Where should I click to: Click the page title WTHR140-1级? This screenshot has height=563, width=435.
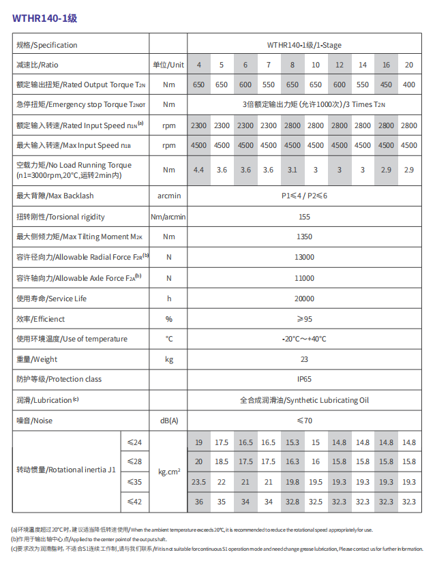click(45, 18)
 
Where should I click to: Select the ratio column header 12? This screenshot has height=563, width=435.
click(339, 65)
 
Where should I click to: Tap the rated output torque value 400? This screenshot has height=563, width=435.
click(409, 85)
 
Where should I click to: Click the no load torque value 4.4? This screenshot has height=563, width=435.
click(198, 170)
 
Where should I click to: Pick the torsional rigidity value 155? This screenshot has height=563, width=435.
click(304, 217)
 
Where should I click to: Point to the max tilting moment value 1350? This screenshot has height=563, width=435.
click(304, 237)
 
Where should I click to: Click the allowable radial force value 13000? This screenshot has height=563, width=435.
click(304, 257)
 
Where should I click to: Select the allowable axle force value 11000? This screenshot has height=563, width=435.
click(304, 278)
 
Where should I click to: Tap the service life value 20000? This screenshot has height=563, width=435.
click(304, 299)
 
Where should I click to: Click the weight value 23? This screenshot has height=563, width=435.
click(304, 359)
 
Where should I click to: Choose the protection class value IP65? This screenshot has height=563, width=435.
click(304, 380)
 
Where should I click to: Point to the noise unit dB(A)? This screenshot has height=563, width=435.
click(168, 421)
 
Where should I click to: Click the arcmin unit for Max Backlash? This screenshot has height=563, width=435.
click(168, 196)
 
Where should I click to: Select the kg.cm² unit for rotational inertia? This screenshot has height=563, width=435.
click(168, 472)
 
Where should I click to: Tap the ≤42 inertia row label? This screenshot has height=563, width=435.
click(134, 502)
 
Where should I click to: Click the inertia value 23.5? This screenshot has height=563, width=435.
click(198, 482)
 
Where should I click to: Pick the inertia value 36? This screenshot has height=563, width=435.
click(198, 502)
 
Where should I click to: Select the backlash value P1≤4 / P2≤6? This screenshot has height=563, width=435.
click(304, 196)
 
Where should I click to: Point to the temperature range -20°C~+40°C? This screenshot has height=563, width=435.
click(304, 339)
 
